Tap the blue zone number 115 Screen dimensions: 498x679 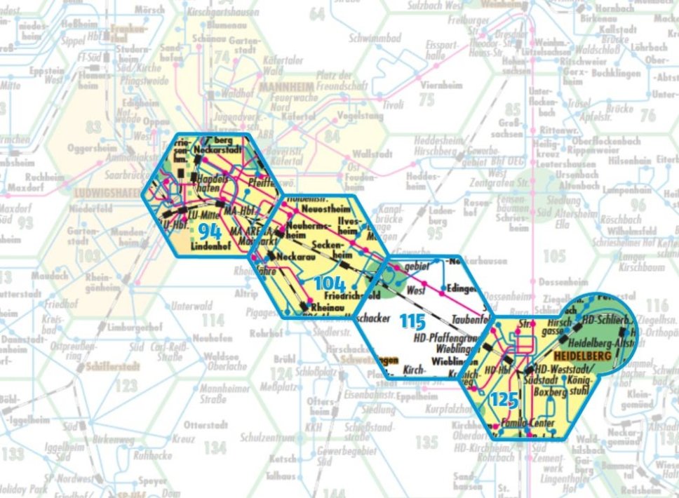(413, 322)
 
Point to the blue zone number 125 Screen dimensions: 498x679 (504, 400)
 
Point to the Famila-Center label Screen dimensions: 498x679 (529, 424)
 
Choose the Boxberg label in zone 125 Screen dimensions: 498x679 (555, 393)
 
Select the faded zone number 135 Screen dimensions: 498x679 (426, 443)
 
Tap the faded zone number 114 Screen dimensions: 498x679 (213, 321)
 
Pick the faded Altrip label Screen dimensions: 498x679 (247, 294)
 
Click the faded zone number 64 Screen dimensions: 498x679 (317, 13)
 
